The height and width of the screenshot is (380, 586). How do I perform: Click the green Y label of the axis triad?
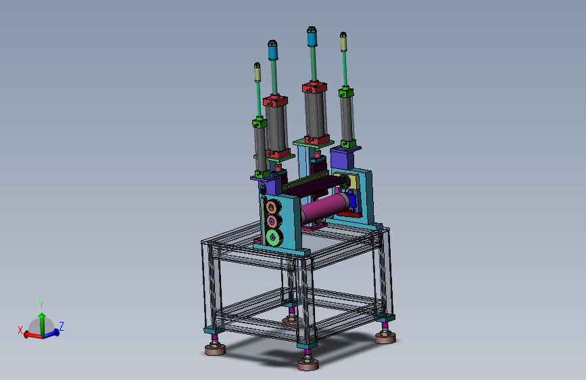click(41, 304)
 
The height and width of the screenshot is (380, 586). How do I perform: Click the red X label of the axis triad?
click(20, 330)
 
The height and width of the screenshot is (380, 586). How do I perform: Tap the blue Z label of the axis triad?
click(62, 326)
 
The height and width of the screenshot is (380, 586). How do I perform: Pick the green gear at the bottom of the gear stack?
click(274, 237)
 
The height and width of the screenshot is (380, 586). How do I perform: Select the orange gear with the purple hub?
click(272, 221)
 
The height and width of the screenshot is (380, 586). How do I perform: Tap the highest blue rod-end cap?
click(312, 37)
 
